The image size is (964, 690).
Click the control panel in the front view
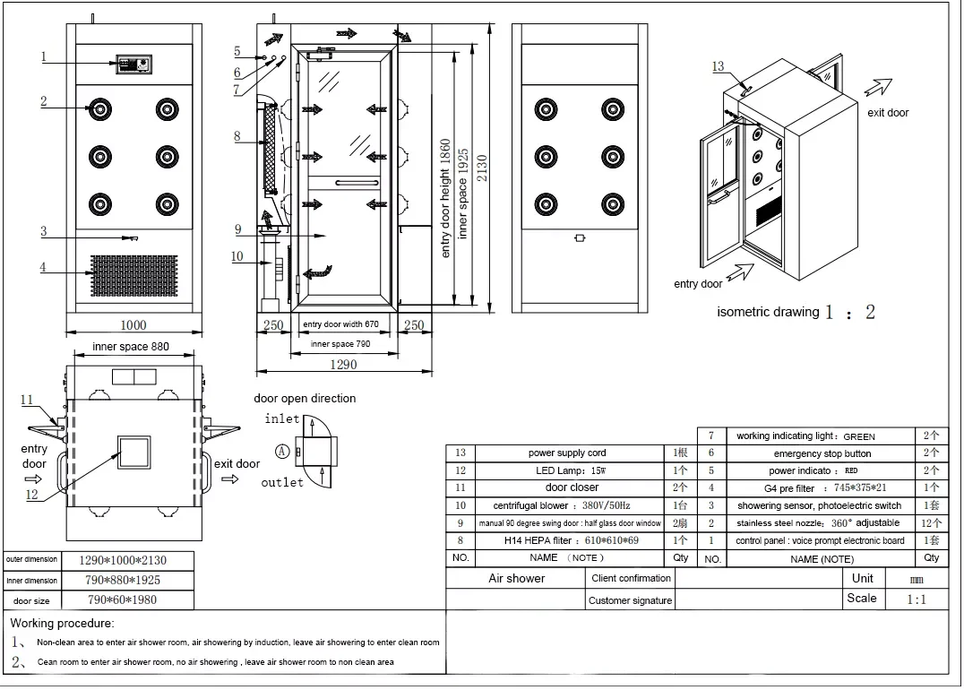point(135,64)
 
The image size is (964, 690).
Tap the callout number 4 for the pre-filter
point(43,267)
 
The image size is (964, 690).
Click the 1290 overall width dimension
point(342,365)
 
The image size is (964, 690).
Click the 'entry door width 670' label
point(340,324)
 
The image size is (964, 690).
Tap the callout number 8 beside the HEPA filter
point(237,137)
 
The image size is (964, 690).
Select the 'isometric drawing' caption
point(768,312)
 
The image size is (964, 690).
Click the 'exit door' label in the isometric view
point(888,113)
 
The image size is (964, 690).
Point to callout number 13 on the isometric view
point(718,66)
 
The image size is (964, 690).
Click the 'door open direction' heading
point(305,398)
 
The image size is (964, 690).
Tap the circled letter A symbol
point(282,452)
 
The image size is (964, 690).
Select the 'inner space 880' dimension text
point(131,347)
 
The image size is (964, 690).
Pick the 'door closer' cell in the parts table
point(572,487)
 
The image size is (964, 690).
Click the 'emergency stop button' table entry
point(822,453)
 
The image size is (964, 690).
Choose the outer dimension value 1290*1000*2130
point(123,560)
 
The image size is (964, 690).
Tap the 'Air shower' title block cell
point(516,579)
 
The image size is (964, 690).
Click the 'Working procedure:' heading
point(63,623)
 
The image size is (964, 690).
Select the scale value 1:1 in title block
point(917,599)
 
